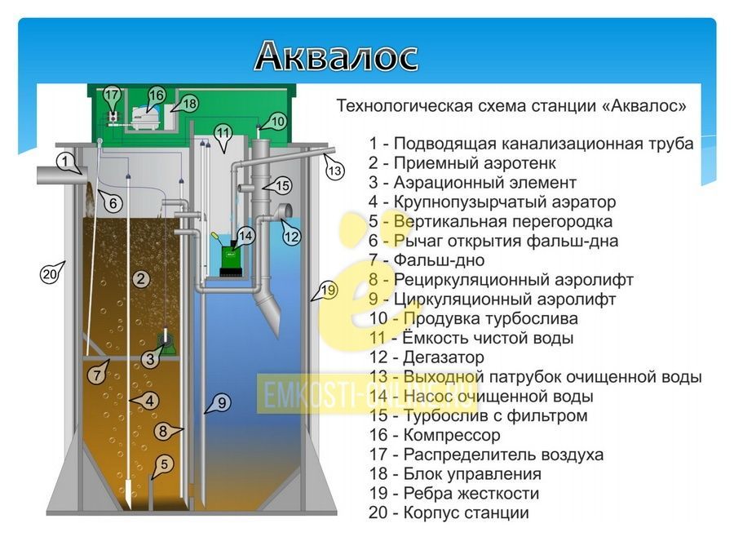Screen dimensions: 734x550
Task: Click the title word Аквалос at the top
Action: click(336, 55)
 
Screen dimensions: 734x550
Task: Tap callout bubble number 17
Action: click(112, 95)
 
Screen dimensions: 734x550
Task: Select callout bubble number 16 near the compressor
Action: click(156, 96)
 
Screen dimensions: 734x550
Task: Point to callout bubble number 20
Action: click(50, 273)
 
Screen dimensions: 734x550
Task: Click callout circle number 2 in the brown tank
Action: click(141, 279)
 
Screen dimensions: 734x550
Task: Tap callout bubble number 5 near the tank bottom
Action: click(163, 465)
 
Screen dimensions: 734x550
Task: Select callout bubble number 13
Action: click(334, 170)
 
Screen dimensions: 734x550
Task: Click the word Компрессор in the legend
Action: click(452, 435)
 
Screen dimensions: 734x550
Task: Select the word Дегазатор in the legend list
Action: click(444, 357)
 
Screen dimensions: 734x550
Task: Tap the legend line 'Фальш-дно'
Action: click(439, 260)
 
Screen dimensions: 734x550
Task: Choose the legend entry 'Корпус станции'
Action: click(466, 512)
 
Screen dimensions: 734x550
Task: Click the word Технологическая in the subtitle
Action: click(405, 106)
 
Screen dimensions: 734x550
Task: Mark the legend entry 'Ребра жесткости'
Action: click(471, 494)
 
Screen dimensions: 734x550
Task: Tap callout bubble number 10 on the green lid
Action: click(276, 122)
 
